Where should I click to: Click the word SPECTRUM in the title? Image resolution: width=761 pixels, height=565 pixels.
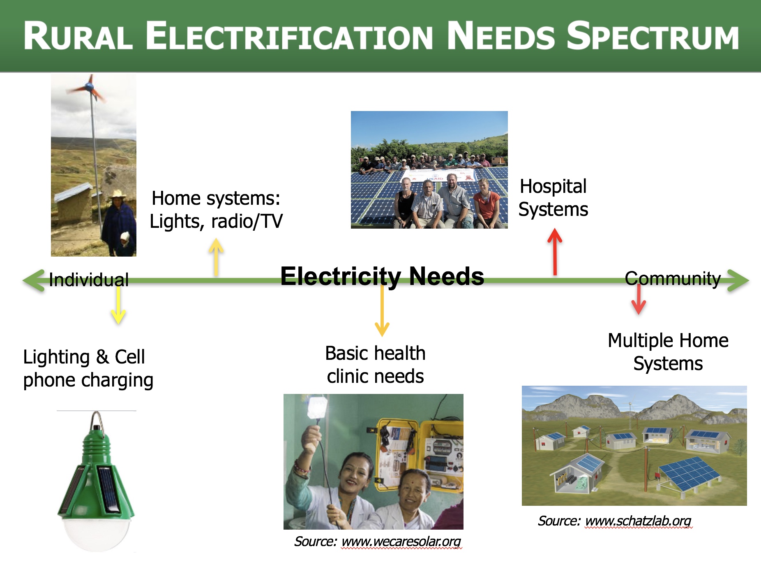(653, 36)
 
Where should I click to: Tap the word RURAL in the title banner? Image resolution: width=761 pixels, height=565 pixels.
(78, 36)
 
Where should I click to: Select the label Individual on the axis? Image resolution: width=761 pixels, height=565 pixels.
(89, 280)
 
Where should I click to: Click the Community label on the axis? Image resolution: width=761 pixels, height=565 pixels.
(673, 279)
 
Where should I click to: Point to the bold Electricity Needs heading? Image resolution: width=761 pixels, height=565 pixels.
(382, 276)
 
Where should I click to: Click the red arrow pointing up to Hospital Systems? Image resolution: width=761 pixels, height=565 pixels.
(555, 252)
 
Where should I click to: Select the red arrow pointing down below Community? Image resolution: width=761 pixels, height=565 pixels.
(639, 299)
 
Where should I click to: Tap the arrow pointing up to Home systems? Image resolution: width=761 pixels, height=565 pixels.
(216, 257)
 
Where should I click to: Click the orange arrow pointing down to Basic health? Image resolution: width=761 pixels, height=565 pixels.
(382, 310)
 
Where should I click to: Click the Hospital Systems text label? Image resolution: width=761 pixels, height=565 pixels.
(553, 198)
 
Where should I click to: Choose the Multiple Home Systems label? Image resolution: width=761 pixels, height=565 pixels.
(668, 352)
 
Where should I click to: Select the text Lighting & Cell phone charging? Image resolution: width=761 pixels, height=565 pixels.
(88, 368)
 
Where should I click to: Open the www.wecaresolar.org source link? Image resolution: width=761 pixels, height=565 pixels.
(401, 542)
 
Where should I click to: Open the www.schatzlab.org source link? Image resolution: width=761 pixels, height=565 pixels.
(638, 521)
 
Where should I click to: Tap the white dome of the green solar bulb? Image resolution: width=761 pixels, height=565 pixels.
(96, 533)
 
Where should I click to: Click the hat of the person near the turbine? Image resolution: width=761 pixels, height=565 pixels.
(118, 194)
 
